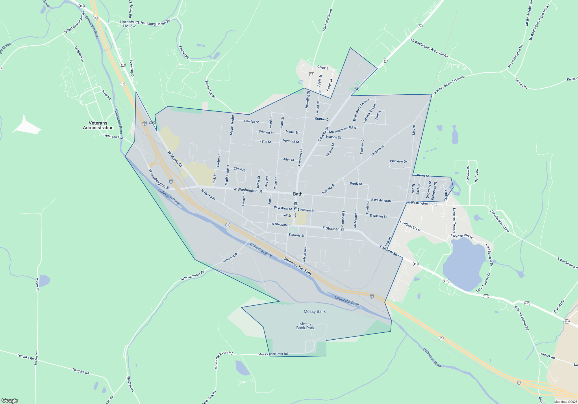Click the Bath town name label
[x=298, y=194]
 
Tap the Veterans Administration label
[x=98, y=125]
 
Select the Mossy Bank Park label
[x=305, y=326]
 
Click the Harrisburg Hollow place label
[x=129, y=24]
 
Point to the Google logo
[x=10, y=401]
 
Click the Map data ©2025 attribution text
[x=565, y=402]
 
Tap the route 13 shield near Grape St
[x=311, y=74]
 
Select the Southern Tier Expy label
[x=298, y=266]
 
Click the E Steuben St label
[x=333, y=229]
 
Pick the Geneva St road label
[x=323, y=134]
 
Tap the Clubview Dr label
[x=398, y=161]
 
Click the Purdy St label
[x=356, y=184]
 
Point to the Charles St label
[x=251, y=121]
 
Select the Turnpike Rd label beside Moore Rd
[x=25, y=357]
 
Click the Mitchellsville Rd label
[x=327, y=20]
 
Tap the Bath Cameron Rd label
[x=192, y=275]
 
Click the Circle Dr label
[x=240, y=169]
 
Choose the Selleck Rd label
[x=548, y=356]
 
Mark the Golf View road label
[x=477, y=175]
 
